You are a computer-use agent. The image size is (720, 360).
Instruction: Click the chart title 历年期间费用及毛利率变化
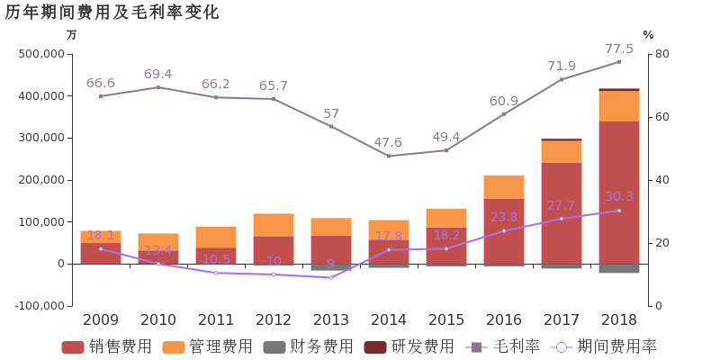click(112, 13)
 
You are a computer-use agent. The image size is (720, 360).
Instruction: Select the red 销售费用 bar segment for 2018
click(619, 193)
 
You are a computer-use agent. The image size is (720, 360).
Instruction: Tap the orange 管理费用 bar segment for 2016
click(504, 186)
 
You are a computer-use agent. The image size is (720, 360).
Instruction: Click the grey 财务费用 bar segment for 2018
click(619, 269)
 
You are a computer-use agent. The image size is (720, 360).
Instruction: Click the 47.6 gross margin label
click(389, 143)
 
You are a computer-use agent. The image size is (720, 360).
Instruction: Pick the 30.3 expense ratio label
click(619, 197)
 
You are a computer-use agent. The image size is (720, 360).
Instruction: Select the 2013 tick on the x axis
click(331, 319)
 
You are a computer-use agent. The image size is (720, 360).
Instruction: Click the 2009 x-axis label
click(101, 319)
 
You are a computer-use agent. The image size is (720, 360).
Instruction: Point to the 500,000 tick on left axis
click(41, 54)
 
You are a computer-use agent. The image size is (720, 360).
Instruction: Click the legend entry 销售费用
click(107, 347)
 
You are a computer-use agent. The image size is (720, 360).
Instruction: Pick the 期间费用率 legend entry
click(606, 347)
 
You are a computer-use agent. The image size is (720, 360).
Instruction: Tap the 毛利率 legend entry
click(503, 347)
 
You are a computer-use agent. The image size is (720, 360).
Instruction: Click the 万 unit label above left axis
click(72, 35)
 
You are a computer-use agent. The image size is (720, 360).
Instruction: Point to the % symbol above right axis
click(648, 35)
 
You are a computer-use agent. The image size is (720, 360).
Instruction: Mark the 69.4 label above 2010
click(158, 75)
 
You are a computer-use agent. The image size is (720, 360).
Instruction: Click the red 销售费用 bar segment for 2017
click(562, 213)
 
